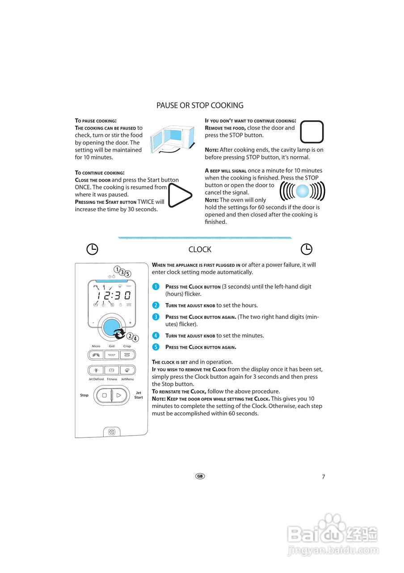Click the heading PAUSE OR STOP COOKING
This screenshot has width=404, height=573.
200,106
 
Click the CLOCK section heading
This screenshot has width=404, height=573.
200,249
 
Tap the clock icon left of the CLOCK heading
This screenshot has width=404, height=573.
92,249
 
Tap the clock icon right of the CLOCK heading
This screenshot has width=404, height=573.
306,249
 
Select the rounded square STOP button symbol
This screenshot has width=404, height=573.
312,132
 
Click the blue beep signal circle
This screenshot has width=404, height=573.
303,191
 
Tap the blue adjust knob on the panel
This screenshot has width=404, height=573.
111,327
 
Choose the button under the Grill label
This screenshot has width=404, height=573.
112,355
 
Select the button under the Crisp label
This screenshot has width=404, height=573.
127,355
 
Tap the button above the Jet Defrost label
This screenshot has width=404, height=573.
96,371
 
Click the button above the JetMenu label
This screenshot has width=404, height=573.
127,371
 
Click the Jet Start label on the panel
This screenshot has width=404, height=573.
139,395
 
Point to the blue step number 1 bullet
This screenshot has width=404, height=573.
156,286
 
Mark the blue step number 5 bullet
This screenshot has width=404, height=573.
156,347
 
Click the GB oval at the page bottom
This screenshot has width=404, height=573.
200,476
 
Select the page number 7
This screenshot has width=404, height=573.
324,477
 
